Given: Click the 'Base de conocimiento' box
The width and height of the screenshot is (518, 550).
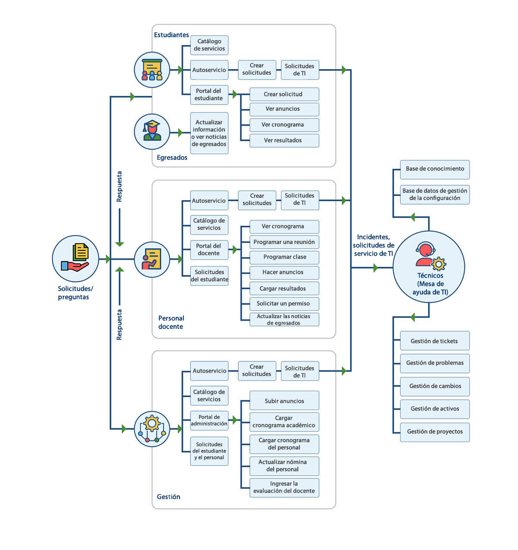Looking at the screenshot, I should click(x=435, y=169).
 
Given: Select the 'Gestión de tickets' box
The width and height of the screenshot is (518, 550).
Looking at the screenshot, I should click(x=434, y=341).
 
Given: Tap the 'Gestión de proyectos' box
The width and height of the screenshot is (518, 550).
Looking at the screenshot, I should click(x=435, y=432).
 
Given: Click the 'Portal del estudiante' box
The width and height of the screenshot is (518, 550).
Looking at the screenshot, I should click(x=209, y=95).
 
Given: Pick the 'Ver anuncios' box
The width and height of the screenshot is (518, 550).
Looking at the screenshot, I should click(x=284, y=109).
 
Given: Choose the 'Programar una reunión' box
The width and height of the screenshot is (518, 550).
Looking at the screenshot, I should click(x=284, y=242).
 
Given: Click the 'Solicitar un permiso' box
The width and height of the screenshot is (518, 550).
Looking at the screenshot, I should click(x=284, y=304).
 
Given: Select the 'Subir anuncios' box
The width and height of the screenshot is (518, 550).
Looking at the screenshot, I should click(x=284, y=401).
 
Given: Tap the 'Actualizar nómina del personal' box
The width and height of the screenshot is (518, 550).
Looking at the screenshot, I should click(x=284, y=466).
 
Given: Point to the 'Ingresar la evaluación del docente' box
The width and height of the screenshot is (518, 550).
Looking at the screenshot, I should click(x=284, y=487).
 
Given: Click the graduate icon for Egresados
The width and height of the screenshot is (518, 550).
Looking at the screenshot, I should click(x=152, y=132).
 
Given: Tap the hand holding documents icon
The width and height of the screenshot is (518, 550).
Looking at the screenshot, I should click(x=76, y=258).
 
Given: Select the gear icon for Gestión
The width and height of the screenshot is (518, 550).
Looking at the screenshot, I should click(x=152, y=429).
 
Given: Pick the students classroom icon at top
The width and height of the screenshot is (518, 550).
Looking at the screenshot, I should click(x=152, y=70).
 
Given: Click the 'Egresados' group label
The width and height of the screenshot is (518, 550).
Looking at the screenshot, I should click(x=172, y=158).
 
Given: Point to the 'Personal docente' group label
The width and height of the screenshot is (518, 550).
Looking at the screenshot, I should click(x=171, y=322).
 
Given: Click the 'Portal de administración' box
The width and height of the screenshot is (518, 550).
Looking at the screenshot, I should click(x=209, y=420).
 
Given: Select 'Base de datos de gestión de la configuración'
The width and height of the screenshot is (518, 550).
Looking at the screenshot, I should click(x=435, y=195).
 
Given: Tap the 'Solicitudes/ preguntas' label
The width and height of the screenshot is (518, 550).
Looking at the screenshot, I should click(x=75, y=293).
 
